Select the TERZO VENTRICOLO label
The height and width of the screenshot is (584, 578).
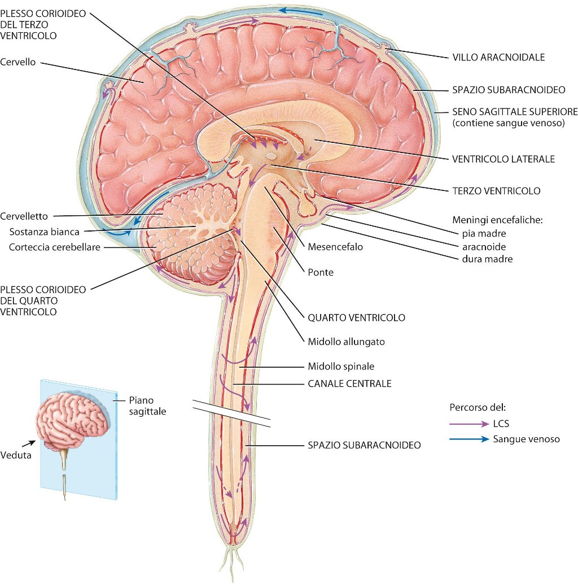tap(496, 191)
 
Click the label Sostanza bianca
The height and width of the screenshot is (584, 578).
tap(45, 232)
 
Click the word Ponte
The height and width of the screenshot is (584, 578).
tap(321, 272)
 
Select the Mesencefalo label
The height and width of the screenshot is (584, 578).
tap(335, 247)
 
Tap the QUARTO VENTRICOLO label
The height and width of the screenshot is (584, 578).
tap(356, 318)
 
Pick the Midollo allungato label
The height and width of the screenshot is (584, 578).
tap(347, 342)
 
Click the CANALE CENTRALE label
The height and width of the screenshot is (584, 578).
tap(349, 383)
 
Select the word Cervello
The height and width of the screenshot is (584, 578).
tap(19, 62)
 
